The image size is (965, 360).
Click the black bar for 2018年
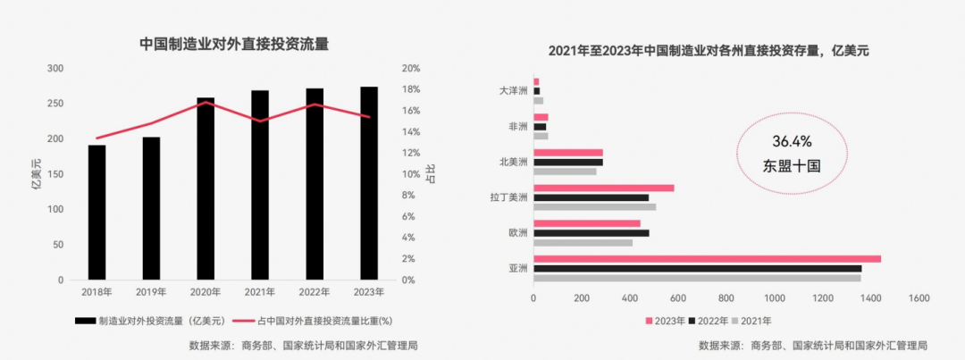coord(96,212)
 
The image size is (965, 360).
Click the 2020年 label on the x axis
coord(206,292)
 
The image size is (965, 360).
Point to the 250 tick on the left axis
coord(55,104)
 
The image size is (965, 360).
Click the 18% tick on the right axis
coord(411,89)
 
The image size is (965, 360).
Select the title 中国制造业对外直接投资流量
coord(234,43)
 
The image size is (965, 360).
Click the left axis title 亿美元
coord(36,173)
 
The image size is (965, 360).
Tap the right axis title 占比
coord(432,173)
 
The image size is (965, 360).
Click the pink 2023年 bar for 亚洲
coord(707,259)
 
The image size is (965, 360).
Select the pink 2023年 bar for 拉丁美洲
coord(604,188)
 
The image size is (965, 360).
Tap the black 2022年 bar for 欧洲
coord(591,233)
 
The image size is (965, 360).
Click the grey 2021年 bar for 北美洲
coord(565,172)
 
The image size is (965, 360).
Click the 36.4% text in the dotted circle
coord(792,142)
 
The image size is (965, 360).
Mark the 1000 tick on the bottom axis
coord(774,298)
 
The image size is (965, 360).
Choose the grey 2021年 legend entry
coord(751,320)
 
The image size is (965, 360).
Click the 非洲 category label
coord(517,127)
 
